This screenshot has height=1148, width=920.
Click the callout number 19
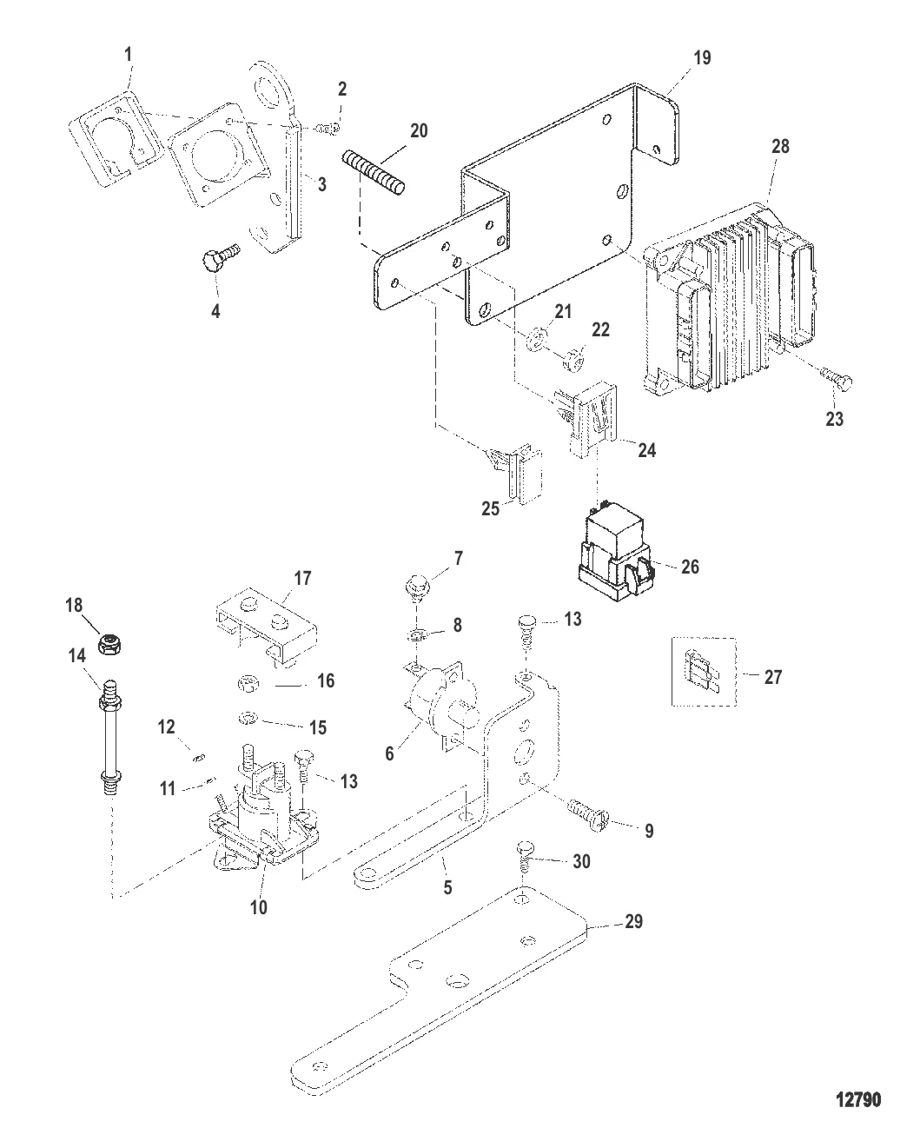(702, 58)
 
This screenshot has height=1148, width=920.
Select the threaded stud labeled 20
(375, 173)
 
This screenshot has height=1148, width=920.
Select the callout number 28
(780, 146)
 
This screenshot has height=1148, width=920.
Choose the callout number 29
(633, 921)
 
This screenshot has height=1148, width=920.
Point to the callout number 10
(259, 907)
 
